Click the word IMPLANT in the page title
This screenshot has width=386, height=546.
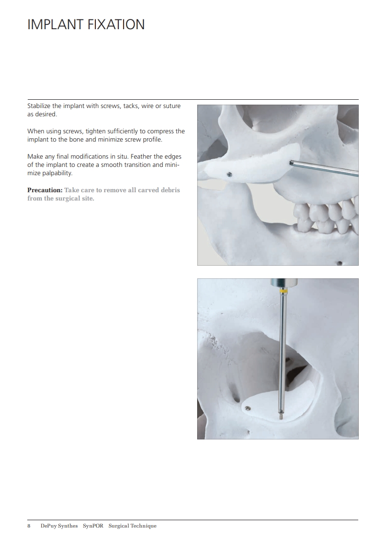(55, 24)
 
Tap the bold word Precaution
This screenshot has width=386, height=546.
(45, 190)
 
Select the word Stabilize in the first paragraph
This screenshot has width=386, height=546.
(39, 106)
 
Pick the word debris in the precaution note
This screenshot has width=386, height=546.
(170, 190)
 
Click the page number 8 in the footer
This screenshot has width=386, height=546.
(29, 526)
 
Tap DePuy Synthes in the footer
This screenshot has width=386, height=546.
(59, 526)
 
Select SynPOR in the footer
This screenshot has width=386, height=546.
(93, 526)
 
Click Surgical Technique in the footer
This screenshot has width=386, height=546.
(132, 526)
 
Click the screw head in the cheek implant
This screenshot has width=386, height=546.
(229, 174)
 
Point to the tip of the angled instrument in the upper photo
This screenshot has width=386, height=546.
(291, 163)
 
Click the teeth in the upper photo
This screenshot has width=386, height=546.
(325, 216)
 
